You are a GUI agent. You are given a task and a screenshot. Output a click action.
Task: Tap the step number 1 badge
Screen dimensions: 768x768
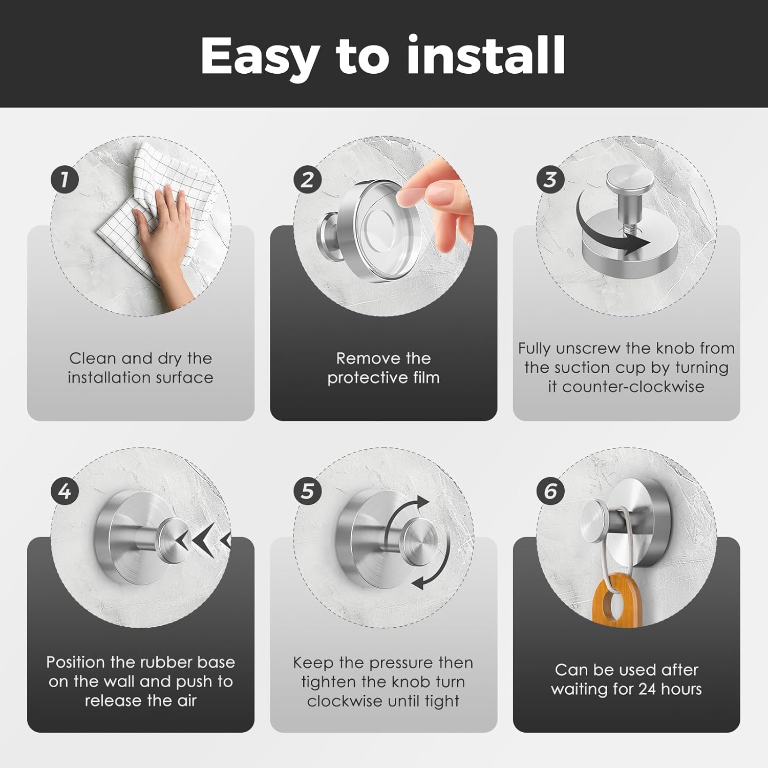pos(65,180)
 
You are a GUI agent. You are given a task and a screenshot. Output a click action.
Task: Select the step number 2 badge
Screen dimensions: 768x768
pos(307,180)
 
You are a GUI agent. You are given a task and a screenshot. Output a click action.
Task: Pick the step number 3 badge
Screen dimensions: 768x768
pos(550,180)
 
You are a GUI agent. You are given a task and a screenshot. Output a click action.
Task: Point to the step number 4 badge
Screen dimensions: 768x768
pos(65,491)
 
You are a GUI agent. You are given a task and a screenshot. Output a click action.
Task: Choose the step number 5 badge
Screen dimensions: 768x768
pos(307,491)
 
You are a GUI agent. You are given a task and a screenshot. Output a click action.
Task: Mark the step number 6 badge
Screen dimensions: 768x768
pos(550,491)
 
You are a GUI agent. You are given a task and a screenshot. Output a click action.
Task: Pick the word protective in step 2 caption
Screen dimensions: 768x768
pos(362,378)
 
